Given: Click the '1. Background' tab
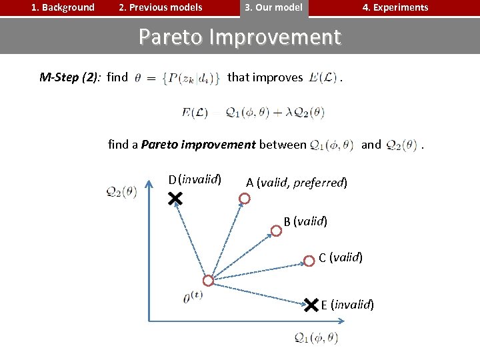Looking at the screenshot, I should click(64, 8).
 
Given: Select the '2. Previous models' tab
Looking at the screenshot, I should click(160, 8).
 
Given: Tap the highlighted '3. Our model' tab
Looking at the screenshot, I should click(273, 8).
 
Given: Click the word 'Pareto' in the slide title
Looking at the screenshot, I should click(171, 37).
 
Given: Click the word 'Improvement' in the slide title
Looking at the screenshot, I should click(275, 37).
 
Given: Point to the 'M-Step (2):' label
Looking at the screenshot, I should click(69, 77).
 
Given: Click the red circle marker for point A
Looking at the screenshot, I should click(245, 199).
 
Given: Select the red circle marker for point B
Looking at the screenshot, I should click(275, 231).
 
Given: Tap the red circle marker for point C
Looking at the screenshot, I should click(309, 261).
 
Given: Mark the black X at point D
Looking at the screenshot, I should click(175, 199).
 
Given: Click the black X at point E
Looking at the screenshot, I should click(311, 305).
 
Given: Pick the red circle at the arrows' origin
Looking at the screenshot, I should click(208, 281).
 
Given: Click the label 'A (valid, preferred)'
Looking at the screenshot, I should click(297, 183).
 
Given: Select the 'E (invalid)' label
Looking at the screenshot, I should click(347, 305).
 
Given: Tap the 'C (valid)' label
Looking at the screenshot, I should click(341, 257).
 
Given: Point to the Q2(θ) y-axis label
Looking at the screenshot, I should click(121, 191).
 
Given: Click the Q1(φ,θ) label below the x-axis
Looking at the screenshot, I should click(316, 338).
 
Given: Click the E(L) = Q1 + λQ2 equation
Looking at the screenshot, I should click(253, 113).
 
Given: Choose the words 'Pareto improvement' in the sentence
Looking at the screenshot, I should click(199, 144).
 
